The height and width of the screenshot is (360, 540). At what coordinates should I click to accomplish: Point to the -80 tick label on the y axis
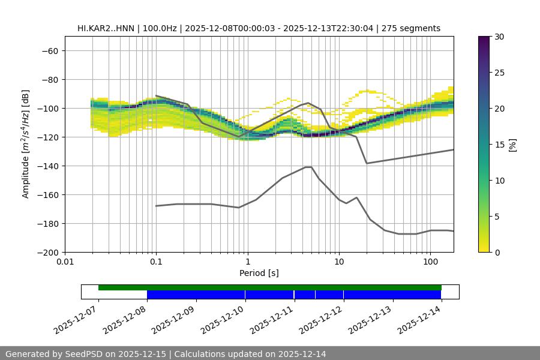tap(49, 79)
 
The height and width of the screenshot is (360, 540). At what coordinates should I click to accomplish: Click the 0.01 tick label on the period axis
tap(65, 262)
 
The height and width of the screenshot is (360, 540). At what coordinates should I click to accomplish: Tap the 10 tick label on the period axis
tap(339, 262)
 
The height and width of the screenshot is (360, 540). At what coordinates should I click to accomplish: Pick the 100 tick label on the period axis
tap(430, 262)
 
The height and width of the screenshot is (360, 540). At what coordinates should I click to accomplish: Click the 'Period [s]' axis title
tap(259, 273)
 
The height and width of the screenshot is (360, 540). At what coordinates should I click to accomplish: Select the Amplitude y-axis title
tap(26, 144)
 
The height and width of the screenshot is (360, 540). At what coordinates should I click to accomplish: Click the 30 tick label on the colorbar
tap(499, 37)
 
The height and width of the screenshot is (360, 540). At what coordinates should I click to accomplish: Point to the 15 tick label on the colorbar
tap(499, 145)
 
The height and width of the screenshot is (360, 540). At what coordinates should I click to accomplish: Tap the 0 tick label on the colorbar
tap(497, 252)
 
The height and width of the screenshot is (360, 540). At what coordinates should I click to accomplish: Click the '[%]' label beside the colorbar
tap(512, 145)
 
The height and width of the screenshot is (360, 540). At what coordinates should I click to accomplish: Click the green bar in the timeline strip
tap(270, 287)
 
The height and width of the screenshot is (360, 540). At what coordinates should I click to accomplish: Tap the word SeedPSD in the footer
tap(89, 354)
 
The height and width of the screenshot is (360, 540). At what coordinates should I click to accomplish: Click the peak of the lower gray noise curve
tap(308, 167)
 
